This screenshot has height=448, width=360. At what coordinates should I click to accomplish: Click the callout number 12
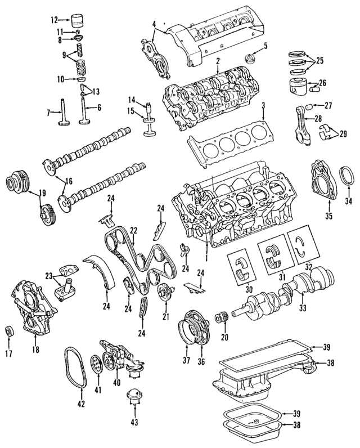[54, 20]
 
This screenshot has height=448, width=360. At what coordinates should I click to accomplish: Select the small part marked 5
[249, 59]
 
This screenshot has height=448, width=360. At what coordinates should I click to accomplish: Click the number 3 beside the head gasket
[262, 105]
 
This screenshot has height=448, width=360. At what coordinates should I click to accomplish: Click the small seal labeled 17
[9, 330]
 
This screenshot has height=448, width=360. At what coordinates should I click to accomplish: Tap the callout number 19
[27, 194]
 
